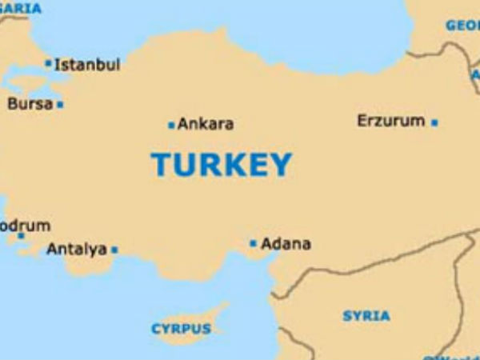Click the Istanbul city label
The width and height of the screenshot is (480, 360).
87,65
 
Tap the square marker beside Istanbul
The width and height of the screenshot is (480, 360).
48,63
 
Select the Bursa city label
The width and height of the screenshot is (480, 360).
30,104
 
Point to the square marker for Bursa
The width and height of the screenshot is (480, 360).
60,104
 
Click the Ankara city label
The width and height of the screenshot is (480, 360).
206,124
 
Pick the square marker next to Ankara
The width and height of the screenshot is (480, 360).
171,125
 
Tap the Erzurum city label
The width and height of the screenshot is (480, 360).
390,121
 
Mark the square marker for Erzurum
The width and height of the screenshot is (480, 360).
434,122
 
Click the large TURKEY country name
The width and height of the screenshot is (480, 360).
222,165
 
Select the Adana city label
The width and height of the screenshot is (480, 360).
286,243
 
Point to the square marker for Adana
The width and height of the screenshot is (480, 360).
254,243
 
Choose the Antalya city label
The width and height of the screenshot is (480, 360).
76,250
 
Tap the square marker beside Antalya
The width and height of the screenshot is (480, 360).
114,250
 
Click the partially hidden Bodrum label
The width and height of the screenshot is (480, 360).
25,225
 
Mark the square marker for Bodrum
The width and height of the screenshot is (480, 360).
21,235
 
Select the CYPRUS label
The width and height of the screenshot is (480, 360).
182,329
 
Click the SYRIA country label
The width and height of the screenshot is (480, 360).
366,315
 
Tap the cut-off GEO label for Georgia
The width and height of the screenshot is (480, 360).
462,25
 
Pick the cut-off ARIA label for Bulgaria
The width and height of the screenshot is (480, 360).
21,8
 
